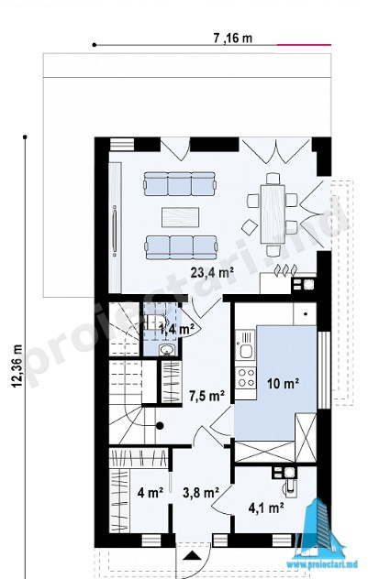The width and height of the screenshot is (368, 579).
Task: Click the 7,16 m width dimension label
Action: [232, 38]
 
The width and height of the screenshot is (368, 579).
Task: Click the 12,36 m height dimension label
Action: [17, 366]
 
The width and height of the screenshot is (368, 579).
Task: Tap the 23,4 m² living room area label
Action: [212, 272]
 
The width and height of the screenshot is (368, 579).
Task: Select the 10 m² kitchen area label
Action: [284, 384]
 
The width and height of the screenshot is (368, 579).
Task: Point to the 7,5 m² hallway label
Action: [207, 396]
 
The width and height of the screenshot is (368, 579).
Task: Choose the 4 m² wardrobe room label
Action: [151, 492]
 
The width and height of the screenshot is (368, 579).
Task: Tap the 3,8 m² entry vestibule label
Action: [201, 492]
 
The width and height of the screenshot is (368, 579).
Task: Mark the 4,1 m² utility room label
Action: [266, 508]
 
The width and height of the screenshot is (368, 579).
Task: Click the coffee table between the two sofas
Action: [180, 217]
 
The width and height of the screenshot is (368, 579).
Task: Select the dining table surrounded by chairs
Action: [273, 214]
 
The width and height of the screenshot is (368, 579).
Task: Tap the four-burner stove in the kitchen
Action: [246, 378]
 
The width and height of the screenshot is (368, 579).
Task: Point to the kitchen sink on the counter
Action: [245, 344]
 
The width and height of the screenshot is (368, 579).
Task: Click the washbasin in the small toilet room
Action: [167, 350]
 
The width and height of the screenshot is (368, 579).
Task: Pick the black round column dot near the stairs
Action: [160, 426]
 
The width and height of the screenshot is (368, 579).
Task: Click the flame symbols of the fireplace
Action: [284, 270]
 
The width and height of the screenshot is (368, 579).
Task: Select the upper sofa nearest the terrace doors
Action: [180, 183]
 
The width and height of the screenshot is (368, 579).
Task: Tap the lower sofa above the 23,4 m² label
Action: [181, 247]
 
